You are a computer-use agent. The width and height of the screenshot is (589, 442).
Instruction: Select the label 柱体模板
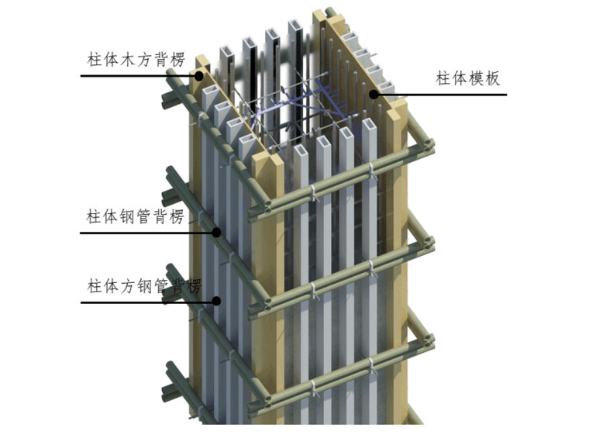pos(468,78)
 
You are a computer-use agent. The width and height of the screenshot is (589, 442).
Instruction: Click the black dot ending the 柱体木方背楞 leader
pos(199,76)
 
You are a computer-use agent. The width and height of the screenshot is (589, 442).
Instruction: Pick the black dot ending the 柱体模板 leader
pos(374,95)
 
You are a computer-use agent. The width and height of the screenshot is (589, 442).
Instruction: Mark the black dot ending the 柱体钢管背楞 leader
pos(217,231)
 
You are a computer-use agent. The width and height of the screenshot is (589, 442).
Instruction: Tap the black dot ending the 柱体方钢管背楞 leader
pos(217,301)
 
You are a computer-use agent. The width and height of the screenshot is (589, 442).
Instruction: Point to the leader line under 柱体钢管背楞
pos(147,231)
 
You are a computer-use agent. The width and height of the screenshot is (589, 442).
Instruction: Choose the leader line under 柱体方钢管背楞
pos(147,301)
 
